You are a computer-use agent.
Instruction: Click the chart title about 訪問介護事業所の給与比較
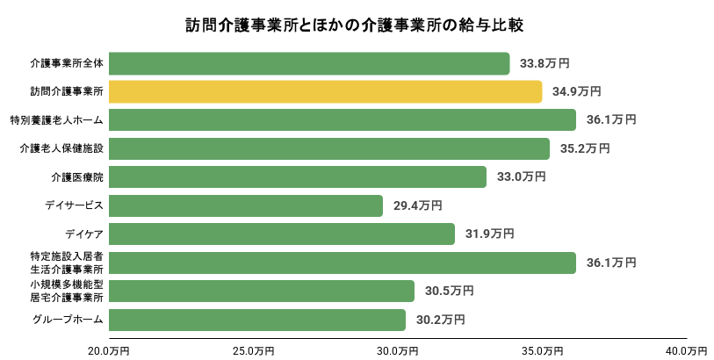(x=357, y=24)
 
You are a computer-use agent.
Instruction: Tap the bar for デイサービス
(x=247, y=205)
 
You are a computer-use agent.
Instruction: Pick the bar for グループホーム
(x=258, y=320)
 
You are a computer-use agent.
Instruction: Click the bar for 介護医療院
(x=299, y=176)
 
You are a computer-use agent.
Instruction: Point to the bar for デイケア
(x=283, y=234)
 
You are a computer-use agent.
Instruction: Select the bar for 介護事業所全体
(x=310, y=63)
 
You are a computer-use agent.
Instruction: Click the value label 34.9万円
(x=576, y=91)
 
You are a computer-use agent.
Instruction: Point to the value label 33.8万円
(x=545, y=63)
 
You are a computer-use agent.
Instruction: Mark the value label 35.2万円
(x=584, y=148)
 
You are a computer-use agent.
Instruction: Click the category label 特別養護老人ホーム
(x=57, y=120)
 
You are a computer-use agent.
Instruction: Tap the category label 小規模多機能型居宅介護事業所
(x=67, y=291)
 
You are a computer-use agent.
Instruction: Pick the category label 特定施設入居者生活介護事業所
(x=67, y=263)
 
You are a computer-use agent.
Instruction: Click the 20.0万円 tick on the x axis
(x=110, y=350)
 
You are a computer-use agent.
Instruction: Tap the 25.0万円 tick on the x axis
(x=254, y=350)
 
